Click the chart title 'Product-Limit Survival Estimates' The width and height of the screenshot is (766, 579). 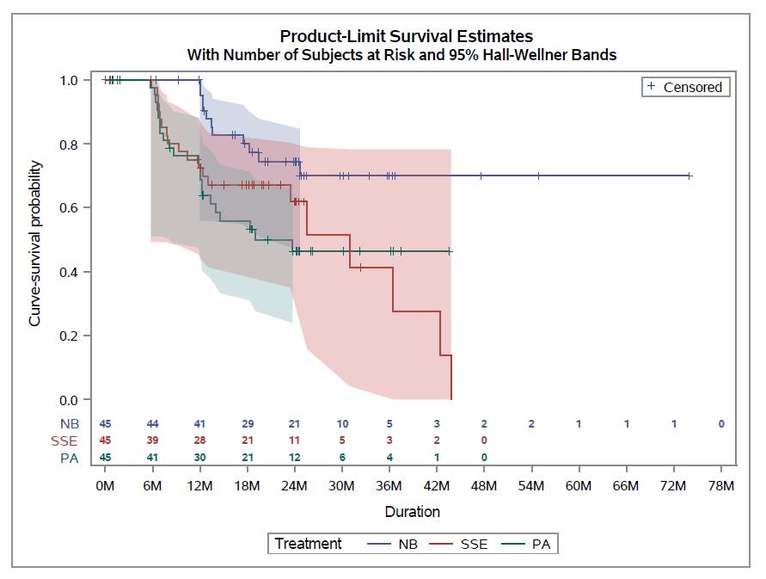pyautogui.click(x=406, y=36)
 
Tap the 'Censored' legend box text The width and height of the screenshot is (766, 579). pyautogui.click(x=693, y=87)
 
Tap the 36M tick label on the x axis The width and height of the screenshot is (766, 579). pyautogui.click(x=389, y=486)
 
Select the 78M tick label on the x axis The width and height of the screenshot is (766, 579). pyautogui.click(x=721, y=486)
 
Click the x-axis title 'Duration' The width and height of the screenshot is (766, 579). pyautogui.click(x=412, y=512)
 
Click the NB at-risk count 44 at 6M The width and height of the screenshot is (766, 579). pyautogui.click(x=152, y=423)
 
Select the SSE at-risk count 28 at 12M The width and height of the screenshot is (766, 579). pyautogui.click(x=199, y=440)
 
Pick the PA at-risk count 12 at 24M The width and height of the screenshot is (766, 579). pyautogui.click(x=295, y=457)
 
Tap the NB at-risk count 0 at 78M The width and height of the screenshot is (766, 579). pyautogui.click(x=721, y=423)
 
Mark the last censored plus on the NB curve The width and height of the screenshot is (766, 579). pyautogui.click(x=689, y=176)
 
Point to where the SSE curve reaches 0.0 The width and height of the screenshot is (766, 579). pyautogui.click(x=451, y=399)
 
